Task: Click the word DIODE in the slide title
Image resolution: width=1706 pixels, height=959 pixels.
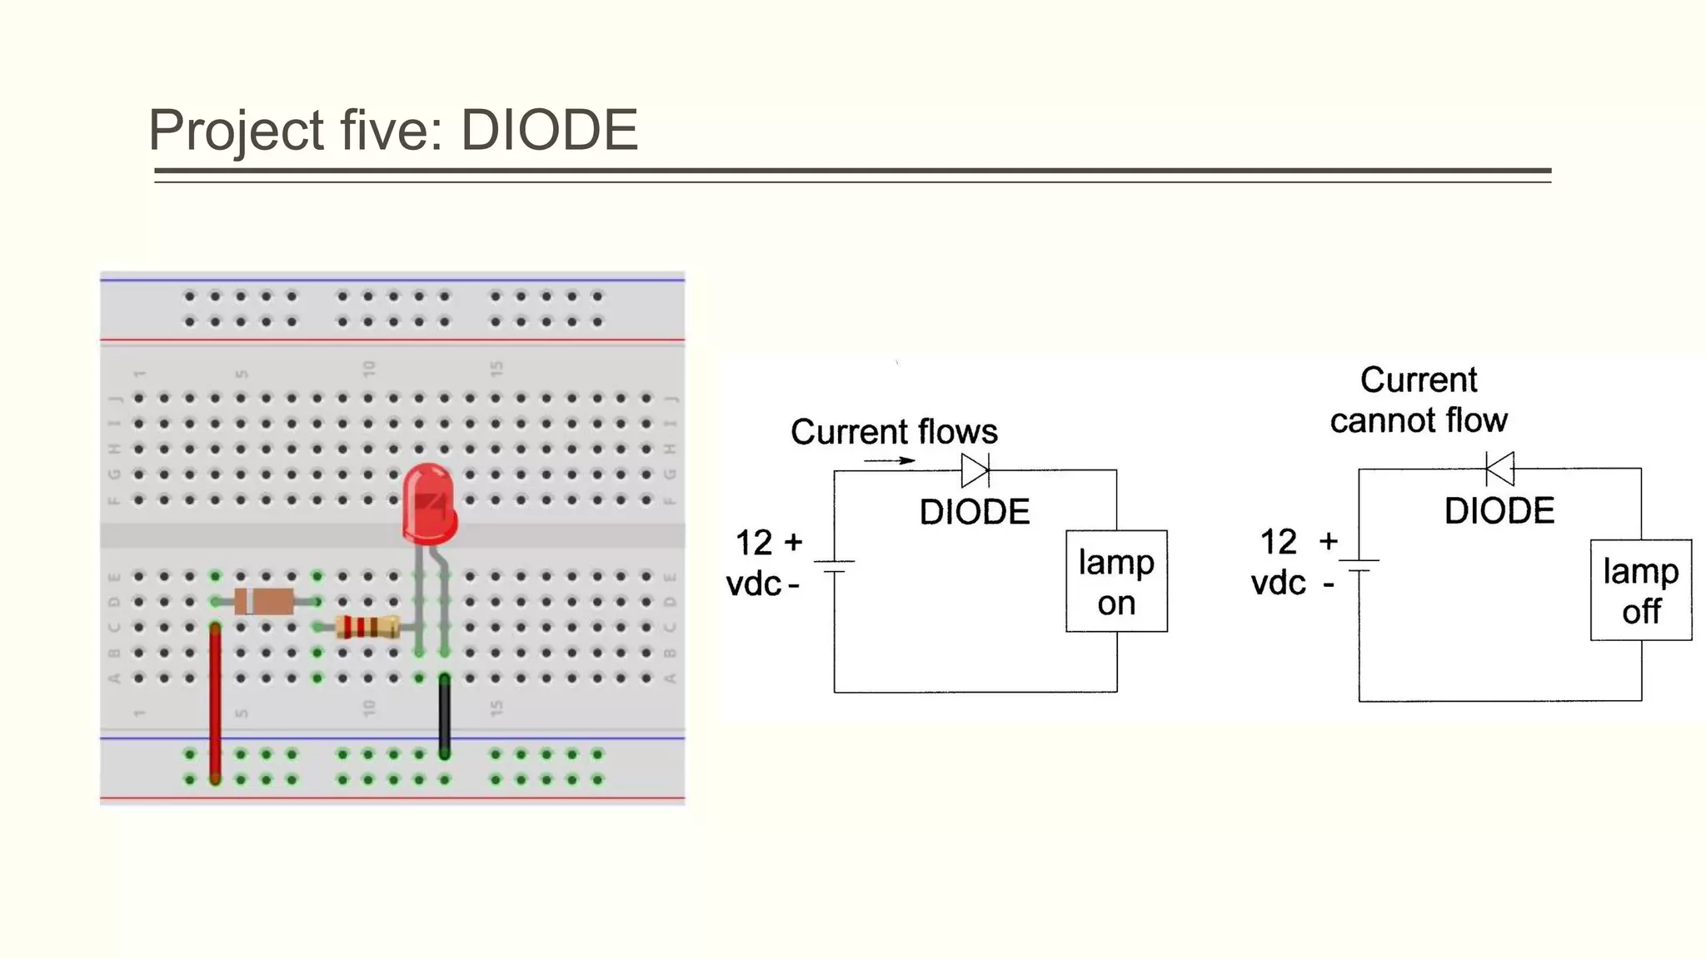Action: click(x=549, y=131)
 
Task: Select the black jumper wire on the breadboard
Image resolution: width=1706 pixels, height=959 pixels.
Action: click(x=445, y=716)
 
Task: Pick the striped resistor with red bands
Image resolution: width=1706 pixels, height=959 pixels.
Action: click(x=367, y=627)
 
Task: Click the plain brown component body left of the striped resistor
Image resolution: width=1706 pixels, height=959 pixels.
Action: click(x=264, y=601)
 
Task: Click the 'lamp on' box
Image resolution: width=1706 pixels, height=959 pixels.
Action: click(x=1116, y=581)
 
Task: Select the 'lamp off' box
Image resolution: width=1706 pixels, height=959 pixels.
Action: click(x=1640, y=590)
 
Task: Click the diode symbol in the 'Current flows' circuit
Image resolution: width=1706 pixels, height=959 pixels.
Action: click(x=975, y=470)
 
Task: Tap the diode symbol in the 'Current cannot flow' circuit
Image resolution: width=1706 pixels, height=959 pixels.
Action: click(x=1499, y=469)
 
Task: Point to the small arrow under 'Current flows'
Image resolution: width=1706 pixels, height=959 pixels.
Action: click(x=889, y=460)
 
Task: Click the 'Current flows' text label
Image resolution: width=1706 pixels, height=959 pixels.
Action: click(x=894, y=431)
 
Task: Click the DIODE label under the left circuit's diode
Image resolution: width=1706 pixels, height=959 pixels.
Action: click(x=975, y=511)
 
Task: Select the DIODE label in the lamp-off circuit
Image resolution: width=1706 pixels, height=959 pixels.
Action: click(x=1499, y=510)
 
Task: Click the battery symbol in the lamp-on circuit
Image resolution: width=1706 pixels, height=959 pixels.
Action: click(x=835, y=566)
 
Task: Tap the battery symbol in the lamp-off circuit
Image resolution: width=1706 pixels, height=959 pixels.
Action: click(x=1359, y=565)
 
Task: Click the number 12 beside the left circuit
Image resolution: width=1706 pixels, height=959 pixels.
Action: click(x=753, y=543)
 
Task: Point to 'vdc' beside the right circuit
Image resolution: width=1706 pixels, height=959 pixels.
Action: click(x=1278, y=583)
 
